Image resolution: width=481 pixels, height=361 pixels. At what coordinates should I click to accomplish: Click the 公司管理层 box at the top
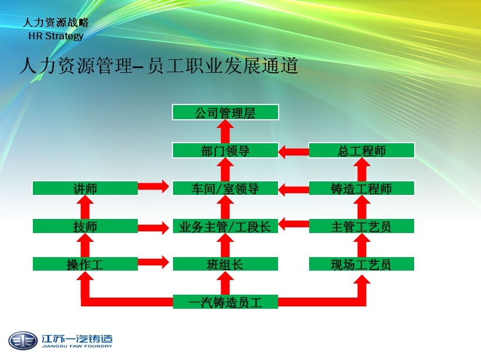(x=225, y=113)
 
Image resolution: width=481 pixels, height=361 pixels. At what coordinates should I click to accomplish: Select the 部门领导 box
(x=225, y=151)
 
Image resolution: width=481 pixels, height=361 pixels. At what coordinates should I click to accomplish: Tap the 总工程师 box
(x=361, y=151)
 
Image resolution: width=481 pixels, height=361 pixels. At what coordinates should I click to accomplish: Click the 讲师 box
(x=85, y=188)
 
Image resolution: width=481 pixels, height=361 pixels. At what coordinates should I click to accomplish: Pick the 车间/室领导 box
(x=225, y=188)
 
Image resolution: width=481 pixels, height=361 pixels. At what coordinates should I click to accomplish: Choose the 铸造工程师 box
(x=361, y=188)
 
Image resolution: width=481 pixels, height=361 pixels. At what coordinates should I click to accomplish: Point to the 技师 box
(x=85, y=227)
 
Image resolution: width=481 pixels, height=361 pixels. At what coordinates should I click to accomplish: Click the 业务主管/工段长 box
(x=225, y=227)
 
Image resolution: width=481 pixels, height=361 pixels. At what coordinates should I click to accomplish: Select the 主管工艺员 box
(x=361, y=227)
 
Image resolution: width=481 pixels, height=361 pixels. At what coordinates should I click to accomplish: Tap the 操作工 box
(x=85, y=264)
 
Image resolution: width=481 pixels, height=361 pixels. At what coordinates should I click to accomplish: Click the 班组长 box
(x=225, y=264)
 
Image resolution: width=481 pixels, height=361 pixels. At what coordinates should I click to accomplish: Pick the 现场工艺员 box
(x=361, y=264)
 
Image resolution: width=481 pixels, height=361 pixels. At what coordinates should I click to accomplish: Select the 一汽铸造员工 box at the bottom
(x=225, y=302)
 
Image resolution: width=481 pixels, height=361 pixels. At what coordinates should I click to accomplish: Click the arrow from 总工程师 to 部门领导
(x=293, y=151)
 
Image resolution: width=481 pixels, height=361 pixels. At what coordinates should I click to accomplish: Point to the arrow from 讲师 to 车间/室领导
(x=155, y=188)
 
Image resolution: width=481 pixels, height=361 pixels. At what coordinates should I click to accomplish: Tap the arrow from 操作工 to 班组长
(x=155, y=263)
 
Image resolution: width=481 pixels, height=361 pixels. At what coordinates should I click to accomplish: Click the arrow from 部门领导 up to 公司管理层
(x=226, y=131)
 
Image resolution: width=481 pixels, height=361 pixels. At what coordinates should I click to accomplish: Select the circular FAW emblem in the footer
(x=22, y=340)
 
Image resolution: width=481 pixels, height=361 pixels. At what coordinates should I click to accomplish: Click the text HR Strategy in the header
(x=56, y=36)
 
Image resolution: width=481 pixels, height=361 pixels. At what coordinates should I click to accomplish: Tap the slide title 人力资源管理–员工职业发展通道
(x=158, y=66)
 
